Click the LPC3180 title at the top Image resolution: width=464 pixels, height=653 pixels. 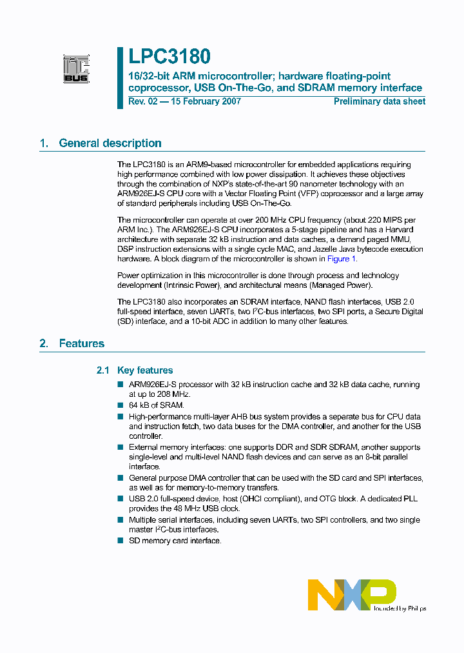[x=169, y=57]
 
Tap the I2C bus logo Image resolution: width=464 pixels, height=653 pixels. [x=75, y=69]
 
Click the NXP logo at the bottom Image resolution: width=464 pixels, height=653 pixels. [x=352, y=594]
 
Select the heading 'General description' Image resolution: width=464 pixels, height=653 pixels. [x=110, y=143]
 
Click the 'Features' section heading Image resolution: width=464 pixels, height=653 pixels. [x=81, y=343]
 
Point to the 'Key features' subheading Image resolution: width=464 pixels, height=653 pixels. [x=145, y=370]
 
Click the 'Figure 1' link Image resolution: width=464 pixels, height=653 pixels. [x=342, y=259]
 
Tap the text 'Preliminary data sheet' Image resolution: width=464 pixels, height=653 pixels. [x=380, y=101]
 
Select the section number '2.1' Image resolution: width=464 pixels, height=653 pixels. [x=103, y=370]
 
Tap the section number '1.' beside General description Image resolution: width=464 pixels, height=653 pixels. [x=44, y=143]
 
